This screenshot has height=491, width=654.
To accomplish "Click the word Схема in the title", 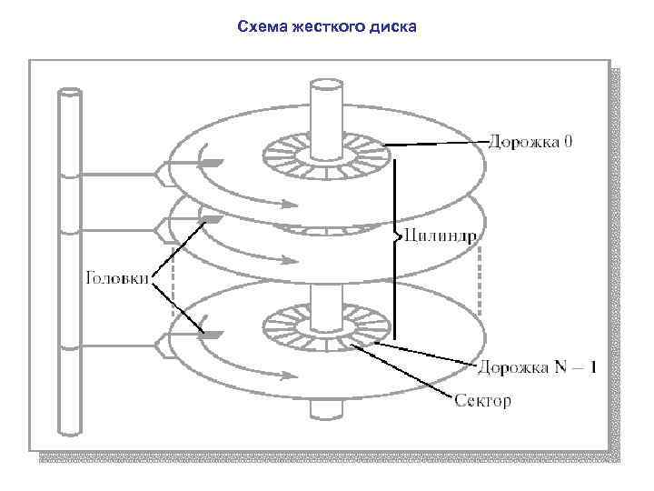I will tap(258, 26).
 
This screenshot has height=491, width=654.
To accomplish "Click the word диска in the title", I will tap(392, 26).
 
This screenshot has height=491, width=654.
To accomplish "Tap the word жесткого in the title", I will tap(322, 26).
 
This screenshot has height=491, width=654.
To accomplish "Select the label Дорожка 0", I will tap(530, 141).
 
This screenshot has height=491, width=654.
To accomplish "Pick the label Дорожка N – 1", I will tap(537, 367).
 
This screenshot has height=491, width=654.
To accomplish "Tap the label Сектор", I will tap(482, 400).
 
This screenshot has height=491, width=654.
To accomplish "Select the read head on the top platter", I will tap(211, 163).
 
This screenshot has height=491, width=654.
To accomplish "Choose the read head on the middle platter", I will tap(211, 218).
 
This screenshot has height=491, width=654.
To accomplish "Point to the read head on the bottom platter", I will tap(211, 335).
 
